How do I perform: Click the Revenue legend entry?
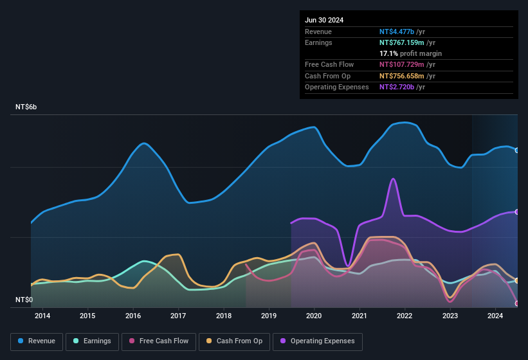tap(37, 341)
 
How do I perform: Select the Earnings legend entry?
tap(92, 341)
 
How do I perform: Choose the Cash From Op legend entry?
tap(234, 341)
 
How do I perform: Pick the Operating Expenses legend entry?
tap(317, 341)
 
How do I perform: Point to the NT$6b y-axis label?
tap(26, 107)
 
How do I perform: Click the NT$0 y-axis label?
tap(24, 300)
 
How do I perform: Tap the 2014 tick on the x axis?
tap(42, 316)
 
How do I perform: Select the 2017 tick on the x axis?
tap(178, 316)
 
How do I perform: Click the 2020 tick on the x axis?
tap(314, 316)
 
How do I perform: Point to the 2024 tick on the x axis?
tap(495, 316)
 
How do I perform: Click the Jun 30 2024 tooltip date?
tap(324, 20)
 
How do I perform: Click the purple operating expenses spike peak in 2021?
tap(392, 179)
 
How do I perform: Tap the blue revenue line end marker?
tap(517, 150)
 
